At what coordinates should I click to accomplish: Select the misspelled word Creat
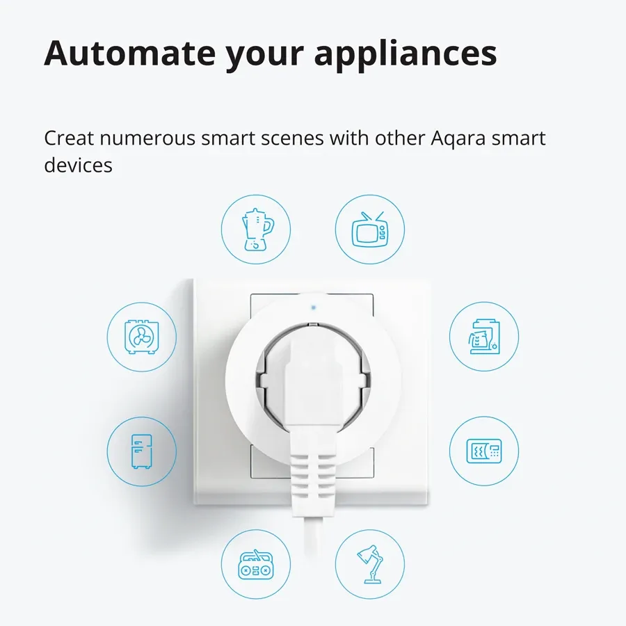[x=69, y=138]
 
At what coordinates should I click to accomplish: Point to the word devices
[x=78, y=166]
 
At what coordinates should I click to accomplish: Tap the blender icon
[x=256, y=229]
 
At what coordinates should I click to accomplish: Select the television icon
[x=370, y=229]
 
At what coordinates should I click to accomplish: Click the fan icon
[x=142, y=337]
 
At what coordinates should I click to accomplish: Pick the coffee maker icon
[x=484, y=337]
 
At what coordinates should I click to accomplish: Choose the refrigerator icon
[x=142, y=451]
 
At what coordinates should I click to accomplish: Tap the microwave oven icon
[x=484, y=451]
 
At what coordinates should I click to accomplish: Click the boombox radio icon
[x=256, y=564]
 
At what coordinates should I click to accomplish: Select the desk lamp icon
[x=370, y=564]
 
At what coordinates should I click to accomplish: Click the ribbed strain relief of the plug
[x=312, y=476]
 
